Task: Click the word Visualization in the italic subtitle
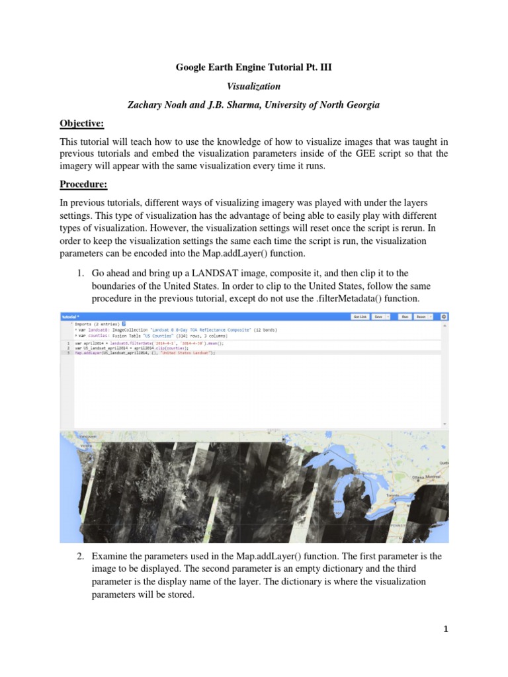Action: coord(254,86)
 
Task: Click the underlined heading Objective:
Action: coord(83,124)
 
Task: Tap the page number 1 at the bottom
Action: coord(445,629)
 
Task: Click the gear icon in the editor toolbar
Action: coord(444,317)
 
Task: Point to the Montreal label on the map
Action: coord(433,476)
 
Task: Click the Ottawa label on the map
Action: coord(417,476)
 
